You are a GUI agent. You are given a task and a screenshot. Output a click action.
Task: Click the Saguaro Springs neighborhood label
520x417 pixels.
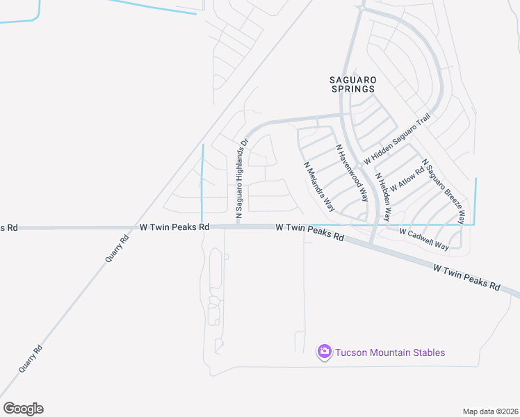[x=352, y=84]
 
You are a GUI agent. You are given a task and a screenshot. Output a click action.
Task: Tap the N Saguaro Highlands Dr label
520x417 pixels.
[x=242, y=179]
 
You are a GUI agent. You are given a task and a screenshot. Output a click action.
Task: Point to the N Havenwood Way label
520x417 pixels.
[x=352, y=172]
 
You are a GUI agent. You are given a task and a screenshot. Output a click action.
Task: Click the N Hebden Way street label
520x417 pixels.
[x=384, y=197]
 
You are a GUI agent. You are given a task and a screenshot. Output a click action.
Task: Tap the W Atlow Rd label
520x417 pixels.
[x=407, y=179]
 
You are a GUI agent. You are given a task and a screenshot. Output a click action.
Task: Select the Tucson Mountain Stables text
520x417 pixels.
[x=390, y=352]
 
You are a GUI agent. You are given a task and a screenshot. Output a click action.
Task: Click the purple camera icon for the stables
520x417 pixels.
[x=324, y=352]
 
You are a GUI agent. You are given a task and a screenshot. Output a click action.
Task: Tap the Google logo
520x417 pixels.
[x=23, y=409]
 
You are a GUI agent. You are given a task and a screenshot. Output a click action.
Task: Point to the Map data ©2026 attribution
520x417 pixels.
[x=490, y=411]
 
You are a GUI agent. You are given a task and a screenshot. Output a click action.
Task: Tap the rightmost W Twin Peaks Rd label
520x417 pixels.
[x=466, y=277]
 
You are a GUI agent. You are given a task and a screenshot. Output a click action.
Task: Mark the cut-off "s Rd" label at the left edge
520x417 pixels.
[x=8, y=227]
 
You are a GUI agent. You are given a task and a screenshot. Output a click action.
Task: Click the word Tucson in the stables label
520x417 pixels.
[x=351, y=352]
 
